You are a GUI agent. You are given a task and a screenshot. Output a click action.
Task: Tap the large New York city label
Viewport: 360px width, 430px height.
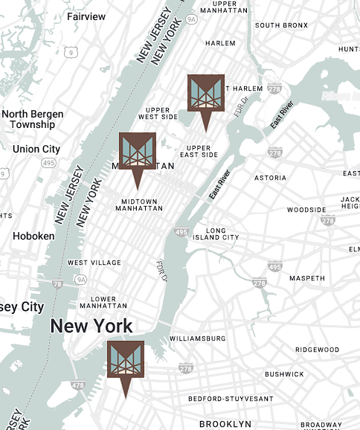pos(91,326)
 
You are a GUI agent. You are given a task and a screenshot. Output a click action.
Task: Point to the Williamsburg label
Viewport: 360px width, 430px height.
pos(197,338)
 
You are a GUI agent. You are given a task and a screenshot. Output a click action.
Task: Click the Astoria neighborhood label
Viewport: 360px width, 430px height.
pos(270,178)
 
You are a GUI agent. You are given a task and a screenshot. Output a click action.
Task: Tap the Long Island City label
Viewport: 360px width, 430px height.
pos(216,234)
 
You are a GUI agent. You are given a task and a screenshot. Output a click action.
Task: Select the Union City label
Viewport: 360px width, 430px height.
pos(36,150)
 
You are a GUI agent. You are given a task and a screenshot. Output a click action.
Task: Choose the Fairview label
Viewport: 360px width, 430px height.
pos(86,16)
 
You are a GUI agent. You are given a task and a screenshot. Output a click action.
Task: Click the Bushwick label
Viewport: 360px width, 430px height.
pos(284,374)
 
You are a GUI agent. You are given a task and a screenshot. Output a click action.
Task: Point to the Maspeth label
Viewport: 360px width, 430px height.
pos(307,278)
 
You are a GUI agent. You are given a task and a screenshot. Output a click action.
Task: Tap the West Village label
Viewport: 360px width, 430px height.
pos(94,263)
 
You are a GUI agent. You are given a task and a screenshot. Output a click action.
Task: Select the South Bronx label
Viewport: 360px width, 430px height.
pos(281,25)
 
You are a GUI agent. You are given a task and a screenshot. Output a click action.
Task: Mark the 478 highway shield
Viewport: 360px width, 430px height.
pos(77,385)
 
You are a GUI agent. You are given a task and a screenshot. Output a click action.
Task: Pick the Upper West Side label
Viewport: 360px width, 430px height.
pos(158,113)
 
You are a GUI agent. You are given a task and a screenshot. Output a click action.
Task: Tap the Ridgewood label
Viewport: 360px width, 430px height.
pos(317,350)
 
